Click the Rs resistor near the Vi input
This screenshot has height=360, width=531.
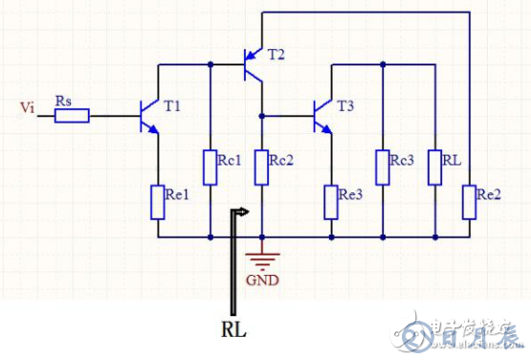72,117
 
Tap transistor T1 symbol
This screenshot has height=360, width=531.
149,116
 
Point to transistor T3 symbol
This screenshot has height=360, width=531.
324,116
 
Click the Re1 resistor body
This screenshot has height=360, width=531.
159,202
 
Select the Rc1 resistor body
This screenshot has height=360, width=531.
210,167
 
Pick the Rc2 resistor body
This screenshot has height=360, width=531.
262,167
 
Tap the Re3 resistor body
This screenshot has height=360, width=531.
331,202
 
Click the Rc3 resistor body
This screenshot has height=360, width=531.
383,167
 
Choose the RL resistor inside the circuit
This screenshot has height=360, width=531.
434,167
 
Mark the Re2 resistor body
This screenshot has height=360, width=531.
468,202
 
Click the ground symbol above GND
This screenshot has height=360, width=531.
261,254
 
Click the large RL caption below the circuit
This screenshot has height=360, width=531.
234,328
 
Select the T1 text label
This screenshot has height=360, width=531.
172,106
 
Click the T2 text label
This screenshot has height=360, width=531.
276,54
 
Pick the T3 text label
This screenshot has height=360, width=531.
346,106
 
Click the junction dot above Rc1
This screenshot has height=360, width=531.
210,64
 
